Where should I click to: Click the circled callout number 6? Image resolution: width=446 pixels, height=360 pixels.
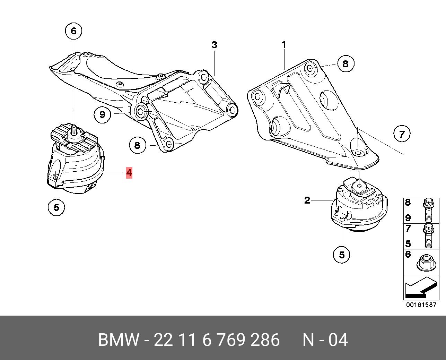(x=73, y=31)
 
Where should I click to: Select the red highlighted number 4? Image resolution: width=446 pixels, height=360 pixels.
(x=129, y=172)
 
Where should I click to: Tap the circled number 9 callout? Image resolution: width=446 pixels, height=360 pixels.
(x=102, y=114)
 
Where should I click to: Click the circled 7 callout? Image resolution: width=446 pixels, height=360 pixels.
(x=402, y=134)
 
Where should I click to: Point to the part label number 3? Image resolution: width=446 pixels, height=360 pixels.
(x=214, y=45)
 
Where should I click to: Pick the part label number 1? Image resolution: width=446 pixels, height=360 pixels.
(x=284, y=44)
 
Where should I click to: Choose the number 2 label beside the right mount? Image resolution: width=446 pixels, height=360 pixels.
(x=307, y=200)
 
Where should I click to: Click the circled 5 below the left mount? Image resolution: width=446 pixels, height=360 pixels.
(x=56, y=207)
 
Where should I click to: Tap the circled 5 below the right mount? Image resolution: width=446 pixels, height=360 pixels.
(x=342, y=255)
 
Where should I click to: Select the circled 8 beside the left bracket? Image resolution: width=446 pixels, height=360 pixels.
(x=137, y=145)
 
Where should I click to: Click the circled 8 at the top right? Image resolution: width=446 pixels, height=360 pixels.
(x=345, y=63)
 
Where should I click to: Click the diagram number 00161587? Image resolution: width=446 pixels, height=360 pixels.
(x=421, y=305)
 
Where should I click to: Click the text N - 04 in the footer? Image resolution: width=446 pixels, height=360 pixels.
(x=325, y=340)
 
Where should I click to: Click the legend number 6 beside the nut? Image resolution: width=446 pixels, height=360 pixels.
(x=408, y=255)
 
